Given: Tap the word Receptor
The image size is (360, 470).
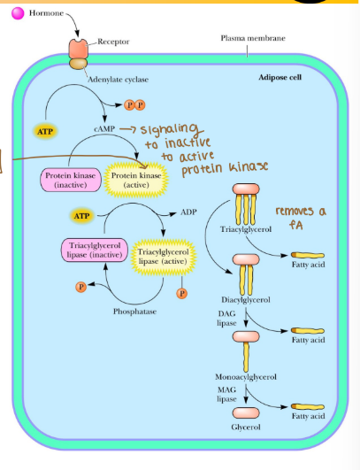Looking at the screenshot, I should point(113,41).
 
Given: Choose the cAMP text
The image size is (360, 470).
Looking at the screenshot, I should point(104,129).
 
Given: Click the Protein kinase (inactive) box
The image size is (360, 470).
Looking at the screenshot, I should point(68,181).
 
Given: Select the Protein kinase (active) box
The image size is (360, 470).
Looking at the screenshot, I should point(134,181).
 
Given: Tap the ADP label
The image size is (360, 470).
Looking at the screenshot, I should point(189,212).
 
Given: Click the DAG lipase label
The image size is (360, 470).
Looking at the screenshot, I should point(227,319).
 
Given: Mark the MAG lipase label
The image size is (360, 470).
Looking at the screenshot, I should point(228,396).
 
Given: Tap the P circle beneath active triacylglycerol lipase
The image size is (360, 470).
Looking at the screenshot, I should point(182,293).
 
